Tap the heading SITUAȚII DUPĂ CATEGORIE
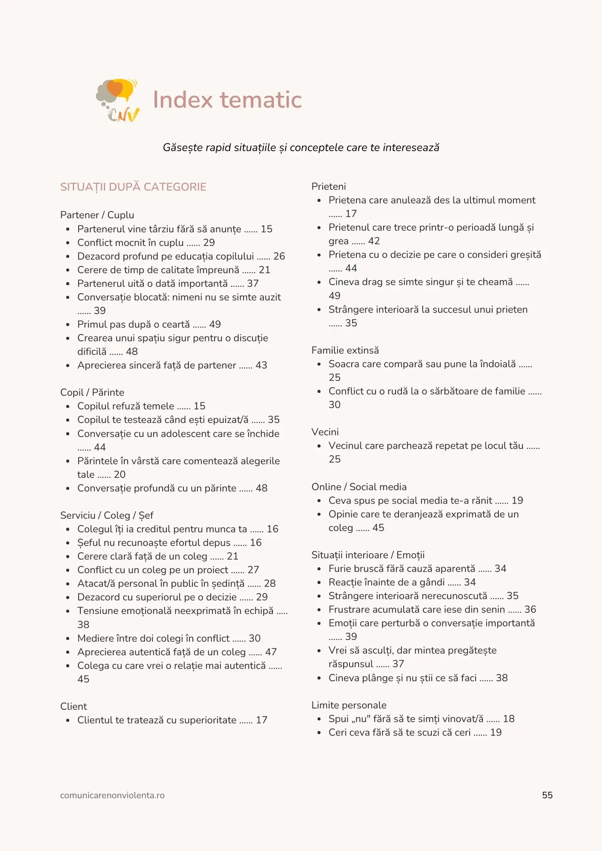pyautogui.click(x=133, y=187)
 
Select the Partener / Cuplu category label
pyautogui.click(x=97, y=215)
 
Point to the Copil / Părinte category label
pyautogui.click(x=92, y=392)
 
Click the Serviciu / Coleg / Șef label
pyautogui.click(x=107, y=515)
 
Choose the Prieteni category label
pyautogui.click(x=329, y=187)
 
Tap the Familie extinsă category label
pyautogui.click(x=345, y=350)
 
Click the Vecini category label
pyautogui.click(x=325, y=432)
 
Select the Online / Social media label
pyautogui.click(x=359, y=487)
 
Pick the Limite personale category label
pyautogui.click(x=349, y=705)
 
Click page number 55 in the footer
pyautogui.click(x=547, y=795)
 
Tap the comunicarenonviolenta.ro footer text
pyautogui.click(x=112, y=795)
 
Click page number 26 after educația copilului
pyautogui.click(x=279, y=256)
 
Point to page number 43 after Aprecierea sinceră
pyautogui.click(x=261, y=365)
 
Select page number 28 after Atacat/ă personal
pyautogui.click(x=270, y=583)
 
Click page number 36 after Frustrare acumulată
pyautogui.click(x=530, y=609)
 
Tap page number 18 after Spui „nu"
pyautogui.click(x=509, y=718)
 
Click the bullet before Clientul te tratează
pyautogui.click(x=68, y=720)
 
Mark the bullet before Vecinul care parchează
pyautogui.click(x=319, y=446)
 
